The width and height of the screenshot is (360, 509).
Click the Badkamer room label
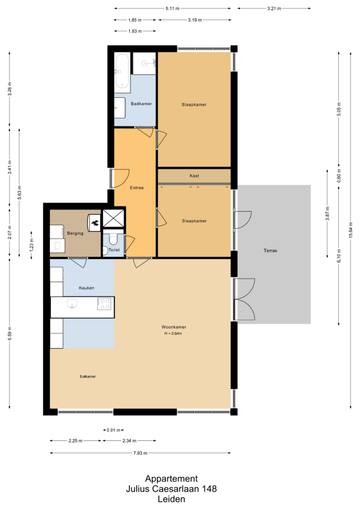point(141,104)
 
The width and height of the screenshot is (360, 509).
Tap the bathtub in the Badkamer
point(122,71)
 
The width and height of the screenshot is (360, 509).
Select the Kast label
point(194,176)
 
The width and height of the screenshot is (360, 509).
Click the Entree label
point(137,188)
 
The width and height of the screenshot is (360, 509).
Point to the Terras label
point(270,250)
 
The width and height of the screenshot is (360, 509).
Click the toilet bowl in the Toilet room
point(113,238)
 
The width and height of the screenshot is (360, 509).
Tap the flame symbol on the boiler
point(96,223)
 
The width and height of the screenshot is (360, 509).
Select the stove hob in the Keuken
point(105,304)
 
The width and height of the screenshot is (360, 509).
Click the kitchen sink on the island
point(72,304)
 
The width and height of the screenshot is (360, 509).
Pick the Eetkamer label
point(88,376)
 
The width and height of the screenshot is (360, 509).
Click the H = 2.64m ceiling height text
point(173,333)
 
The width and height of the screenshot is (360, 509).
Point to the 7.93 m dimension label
point(140,453)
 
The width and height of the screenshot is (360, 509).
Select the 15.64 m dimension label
point(351,230)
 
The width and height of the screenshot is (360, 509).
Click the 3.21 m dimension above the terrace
point(274,9)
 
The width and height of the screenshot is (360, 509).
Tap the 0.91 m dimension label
point(113,431)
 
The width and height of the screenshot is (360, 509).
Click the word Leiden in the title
point(172,499)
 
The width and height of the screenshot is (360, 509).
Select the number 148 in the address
point(209,489)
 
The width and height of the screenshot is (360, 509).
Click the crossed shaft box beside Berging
point(113,218)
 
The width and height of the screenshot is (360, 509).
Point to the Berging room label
point(75,233)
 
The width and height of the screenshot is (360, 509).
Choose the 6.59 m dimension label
point(10,333)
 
